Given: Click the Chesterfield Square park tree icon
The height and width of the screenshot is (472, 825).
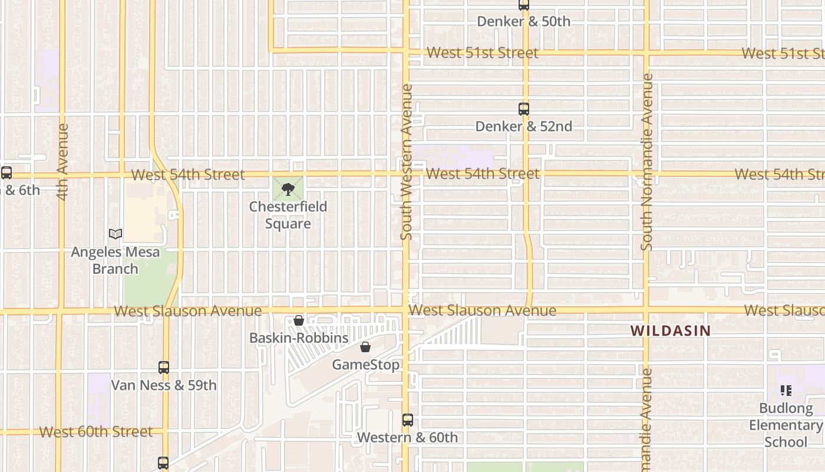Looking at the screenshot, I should coord(288,189).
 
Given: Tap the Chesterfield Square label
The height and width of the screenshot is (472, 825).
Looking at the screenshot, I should coord(288,215).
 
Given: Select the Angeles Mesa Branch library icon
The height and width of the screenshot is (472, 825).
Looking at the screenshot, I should coord(115,234).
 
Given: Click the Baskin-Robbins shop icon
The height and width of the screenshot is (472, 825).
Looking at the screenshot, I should coord(299,320).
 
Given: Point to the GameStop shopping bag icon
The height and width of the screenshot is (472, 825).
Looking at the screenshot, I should coord(365,347).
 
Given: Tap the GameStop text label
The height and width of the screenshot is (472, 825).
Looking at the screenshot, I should coord(365,365).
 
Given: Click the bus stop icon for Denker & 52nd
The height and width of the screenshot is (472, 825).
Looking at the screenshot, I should coord(524,109).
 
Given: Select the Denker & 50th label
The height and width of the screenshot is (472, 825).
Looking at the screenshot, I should coord(523,22).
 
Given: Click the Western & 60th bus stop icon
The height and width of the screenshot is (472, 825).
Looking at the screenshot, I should coord(408,420).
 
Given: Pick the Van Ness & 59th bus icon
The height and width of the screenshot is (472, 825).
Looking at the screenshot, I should coord(164,368).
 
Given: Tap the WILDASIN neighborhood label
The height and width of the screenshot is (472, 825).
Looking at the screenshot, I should coord(671,331).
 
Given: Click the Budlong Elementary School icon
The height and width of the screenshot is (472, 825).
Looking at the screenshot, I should coord(786,391).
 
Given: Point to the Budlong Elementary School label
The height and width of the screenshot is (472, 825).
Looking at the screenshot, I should coord(786,425).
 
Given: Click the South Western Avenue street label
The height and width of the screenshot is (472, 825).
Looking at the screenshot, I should coord(406,162).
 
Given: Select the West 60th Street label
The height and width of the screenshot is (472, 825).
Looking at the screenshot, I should coord(96,432).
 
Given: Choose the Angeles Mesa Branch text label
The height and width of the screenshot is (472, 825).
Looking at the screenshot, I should coord(115,260).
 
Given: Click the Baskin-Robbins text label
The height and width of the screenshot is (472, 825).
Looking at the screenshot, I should coord(299,338).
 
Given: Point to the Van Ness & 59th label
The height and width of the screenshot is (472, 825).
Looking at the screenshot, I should coord(164,385).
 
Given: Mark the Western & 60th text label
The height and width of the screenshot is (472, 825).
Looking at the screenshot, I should coord(407,438).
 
